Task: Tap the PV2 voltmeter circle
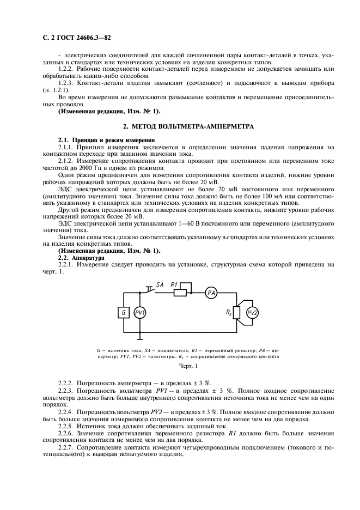(253, 312)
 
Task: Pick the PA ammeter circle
(211, 293)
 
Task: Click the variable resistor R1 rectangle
(180, 293)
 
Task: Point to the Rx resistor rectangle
(236, 313)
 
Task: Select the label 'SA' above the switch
(160, 284)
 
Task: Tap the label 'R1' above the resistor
(175, 284)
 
